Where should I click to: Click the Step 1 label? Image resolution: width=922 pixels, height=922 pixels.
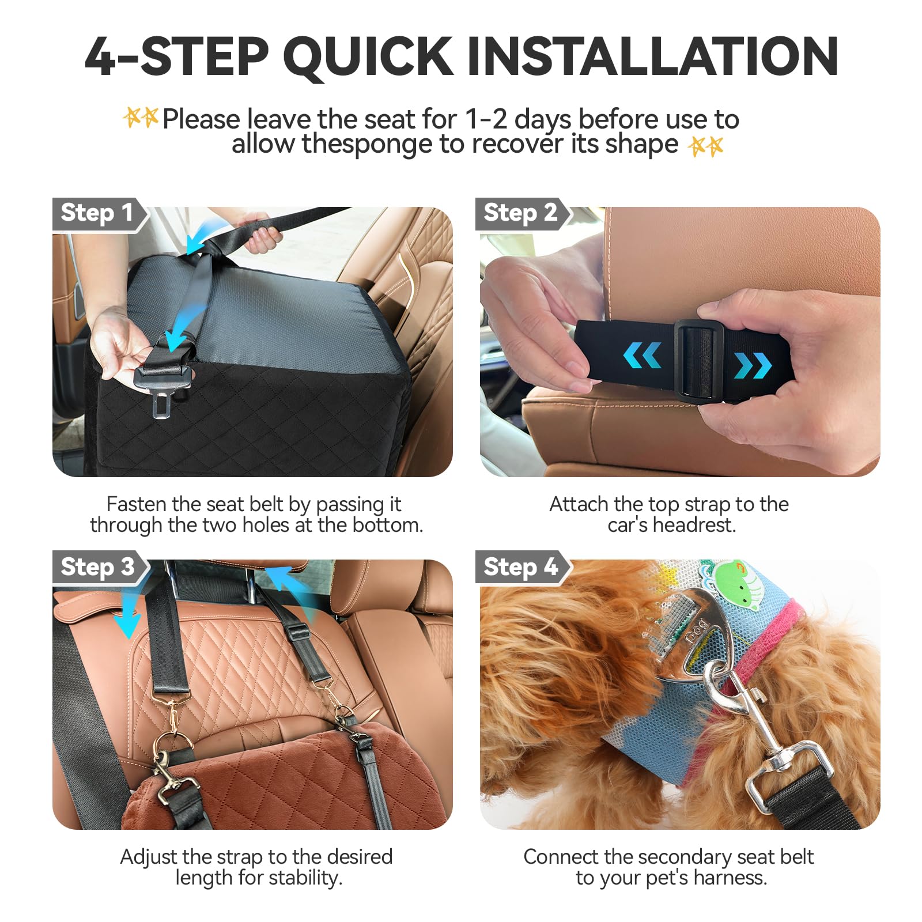pyautogui.click(x=97, y=213)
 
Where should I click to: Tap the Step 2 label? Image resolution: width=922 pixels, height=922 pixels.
pyautogui.click(x=520, y=213)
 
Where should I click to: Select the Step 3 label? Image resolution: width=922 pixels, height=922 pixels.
pyautogui.click(x=97, y=567)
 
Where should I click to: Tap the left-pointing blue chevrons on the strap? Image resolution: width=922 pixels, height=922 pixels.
pyautogui.click(x=641, y=356)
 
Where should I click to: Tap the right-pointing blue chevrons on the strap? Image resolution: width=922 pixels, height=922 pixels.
pyautogui.click(x=753, y=365)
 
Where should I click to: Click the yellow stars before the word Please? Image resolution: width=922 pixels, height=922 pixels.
pyautogui.click(x=141, y=118)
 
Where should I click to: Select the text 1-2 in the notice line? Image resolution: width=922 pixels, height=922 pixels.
pyautogui.click(x=486, y=120)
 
